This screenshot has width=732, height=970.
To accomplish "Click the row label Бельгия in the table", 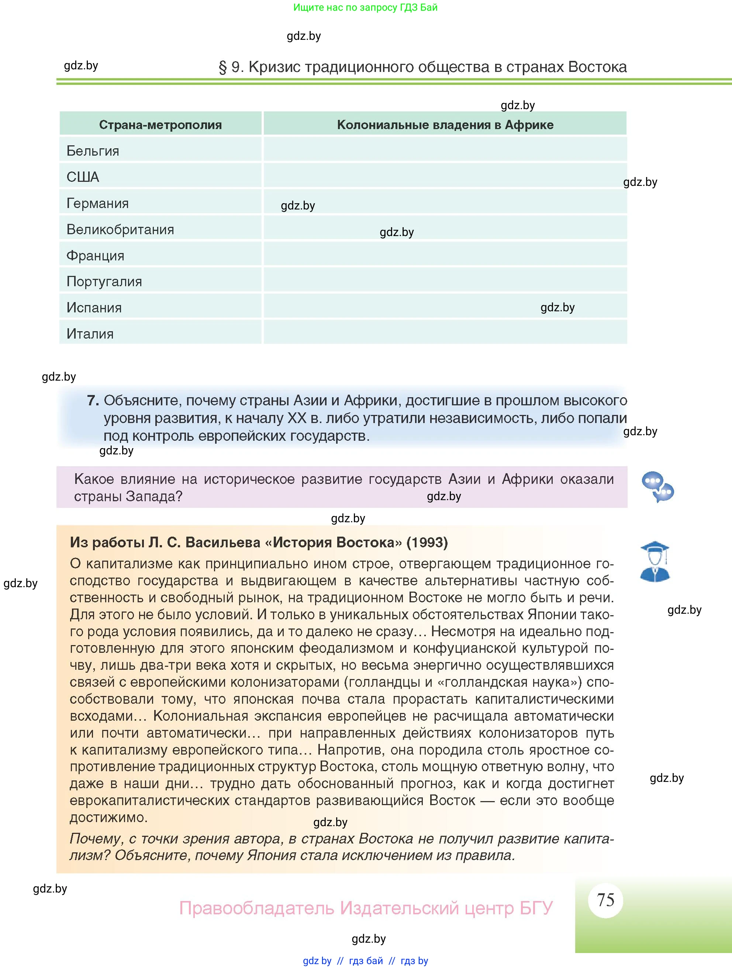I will [x=93, y=151].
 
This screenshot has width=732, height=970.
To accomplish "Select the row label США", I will [x=83, y=177].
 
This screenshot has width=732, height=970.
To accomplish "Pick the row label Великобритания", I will [x=120, y=229].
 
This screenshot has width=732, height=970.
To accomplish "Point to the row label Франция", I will [x=95, y=256].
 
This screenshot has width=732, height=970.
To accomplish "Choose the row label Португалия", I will [x=104, y=281].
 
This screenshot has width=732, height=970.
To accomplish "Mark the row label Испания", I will [x=94, y=308].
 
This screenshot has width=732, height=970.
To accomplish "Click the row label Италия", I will [x=90, y=334].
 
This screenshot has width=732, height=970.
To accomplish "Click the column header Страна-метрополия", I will [x=160, y=125].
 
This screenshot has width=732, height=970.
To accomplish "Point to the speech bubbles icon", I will [x=657, y=487].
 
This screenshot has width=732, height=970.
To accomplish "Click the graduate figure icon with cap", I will [x=655, y=561].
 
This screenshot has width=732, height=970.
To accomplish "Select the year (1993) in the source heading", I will [x=427, y=543].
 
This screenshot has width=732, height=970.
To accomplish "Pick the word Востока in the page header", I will [x=597, y=67].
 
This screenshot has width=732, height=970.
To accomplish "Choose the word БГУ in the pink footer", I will [x=536, y=908].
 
